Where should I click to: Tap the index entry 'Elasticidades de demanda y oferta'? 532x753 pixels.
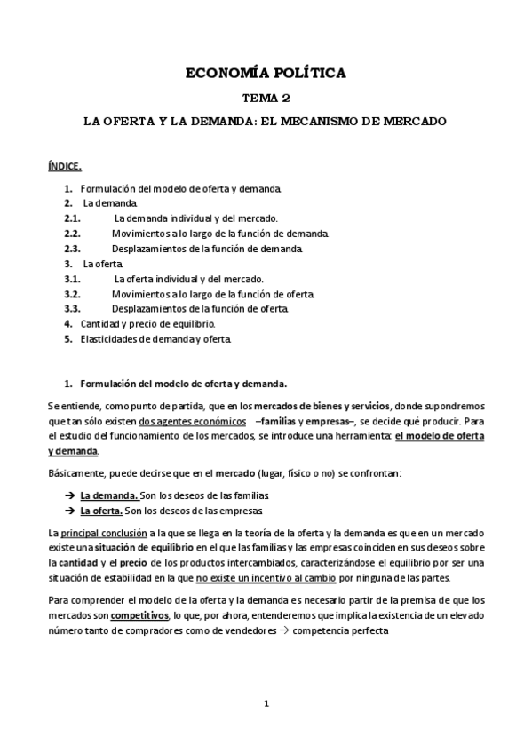point(156,338)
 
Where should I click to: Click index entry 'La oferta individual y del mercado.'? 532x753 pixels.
point(188,279)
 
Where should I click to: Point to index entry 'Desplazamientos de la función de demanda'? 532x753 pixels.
point(207,249)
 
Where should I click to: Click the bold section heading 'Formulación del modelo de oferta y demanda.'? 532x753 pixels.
point(183,384)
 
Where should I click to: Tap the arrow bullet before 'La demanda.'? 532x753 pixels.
point(69,495)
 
